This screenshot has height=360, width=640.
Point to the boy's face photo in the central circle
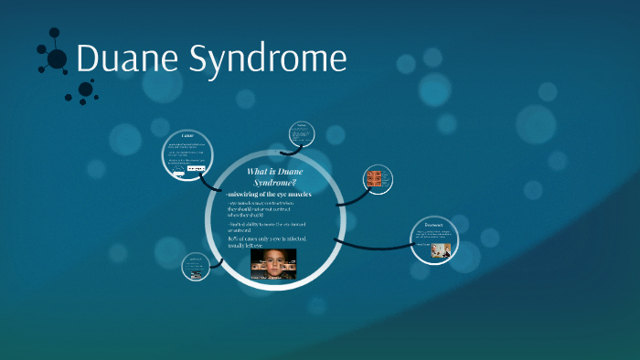tap(274, 262)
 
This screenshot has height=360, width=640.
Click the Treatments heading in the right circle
tap(434, 224)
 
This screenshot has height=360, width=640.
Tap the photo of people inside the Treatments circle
tap(442, 246)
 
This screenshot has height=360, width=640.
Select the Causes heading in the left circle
tap(187, 136)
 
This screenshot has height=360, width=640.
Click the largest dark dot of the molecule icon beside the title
tap(57, 59)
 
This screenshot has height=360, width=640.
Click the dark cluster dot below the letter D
tap(85, 89)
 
